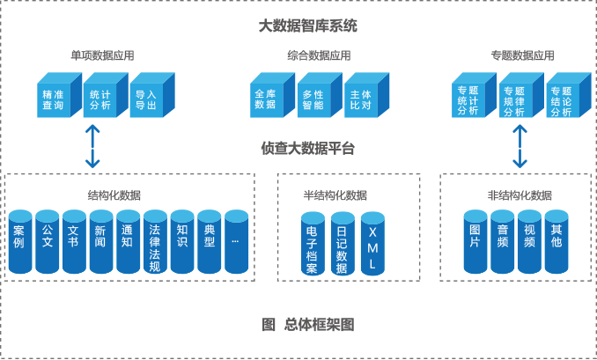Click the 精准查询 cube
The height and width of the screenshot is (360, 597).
point(53,99)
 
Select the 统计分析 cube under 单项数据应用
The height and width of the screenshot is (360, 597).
point(100,99)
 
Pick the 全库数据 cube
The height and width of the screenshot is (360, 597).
point(265,99)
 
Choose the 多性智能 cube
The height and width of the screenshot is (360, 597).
point(313,99)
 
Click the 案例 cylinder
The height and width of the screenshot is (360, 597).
point(19,242)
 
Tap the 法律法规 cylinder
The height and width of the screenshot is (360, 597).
point(155,243)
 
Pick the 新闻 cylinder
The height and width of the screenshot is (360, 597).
point(101,242)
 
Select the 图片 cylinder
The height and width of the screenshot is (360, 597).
point(475,242)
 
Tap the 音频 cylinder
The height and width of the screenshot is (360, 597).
point(502,242)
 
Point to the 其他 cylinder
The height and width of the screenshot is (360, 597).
point(556,242)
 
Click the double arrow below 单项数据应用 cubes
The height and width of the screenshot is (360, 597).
point(92,146)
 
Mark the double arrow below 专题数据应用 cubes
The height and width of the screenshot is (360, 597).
point(520,146)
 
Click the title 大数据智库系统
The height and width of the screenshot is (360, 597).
point(307,26)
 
